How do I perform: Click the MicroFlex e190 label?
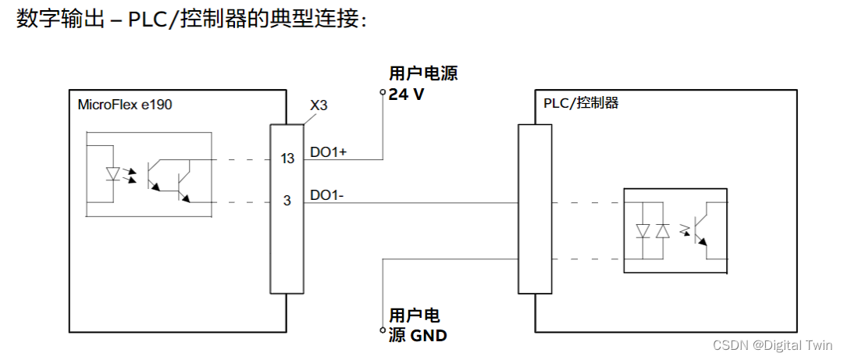[x=125, y=105]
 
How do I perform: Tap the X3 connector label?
[x=318, y=105]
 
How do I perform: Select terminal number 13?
[x=287, y=159]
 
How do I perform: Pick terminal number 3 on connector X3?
[x=287, y=201]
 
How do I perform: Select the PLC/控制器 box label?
[x=580, y=103]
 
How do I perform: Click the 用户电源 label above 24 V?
[x=423, y=75]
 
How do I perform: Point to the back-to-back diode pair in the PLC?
[x=653, y=231]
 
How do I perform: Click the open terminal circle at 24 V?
[x=383, y=93]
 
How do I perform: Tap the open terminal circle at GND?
[x=383, y=332]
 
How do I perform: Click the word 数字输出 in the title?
[x=48, y=19]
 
